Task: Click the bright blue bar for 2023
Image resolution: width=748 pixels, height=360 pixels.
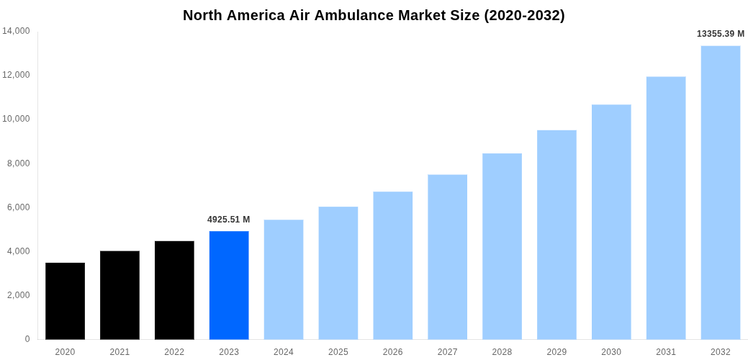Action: [x=229, y=285]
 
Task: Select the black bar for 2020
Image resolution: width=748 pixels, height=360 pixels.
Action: [x=65, y=301]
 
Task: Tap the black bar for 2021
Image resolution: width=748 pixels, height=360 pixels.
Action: [x=120, y=295]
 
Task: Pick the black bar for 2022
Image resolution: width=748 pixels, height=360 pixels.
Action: [x=174, y=290]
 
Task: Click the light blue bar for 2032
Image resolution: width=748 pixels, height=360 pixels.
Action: [x=721, y=192]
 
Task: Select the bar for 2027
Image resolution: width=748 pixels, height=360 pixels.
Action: [x=447, y=257]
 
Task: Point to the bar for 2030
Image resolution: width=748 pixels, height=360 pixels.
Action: [x=611, y=222]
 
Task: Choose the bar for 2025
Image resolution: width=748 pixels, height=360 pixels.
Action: [x=338, y=273]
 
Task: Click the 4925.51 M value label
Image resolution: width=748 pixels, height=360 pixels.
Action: [x=229, y=220]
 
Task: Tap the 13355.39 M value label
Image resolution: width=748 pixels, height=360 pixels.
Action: [x=721, y=34]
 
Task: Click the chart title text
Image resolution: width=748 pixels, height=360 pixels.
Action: [x=374, y=15]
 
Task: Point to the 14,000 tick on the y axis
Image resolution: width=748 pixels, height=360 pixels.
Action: [x=16, y=31]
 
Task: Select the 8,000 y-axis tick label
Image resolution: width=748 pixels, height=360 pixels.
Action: [x=18, y=163]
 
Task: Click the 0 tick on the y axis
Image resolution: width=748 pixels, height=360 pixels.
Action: [x=27, y=339]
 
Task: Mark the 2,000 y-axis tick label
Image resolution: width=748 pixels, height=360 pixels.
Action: [x=18, y=295]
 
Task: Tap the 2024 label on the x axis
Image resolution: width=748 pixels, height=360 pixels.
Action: [x=284, y=352]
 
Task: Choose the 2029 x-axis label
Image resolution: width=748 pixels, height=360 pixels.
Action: [x=557, y=352]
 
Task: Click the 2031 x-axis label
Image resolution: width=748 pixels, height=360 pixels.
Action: [x=666, y=352]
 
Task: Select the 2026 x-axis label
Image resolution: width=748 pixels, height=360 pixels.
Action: [x=393, y=352]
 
